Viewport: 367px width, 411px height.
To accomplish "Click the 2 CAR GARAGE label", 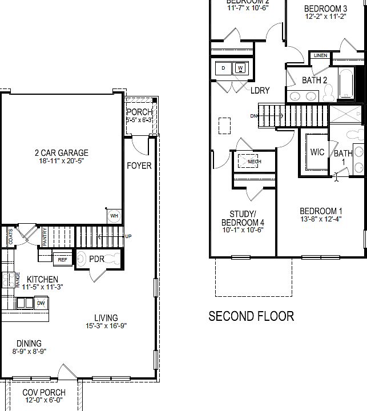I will coord(61,152).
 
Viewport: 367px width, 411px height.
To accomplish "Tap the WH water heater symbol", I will coord(114,216).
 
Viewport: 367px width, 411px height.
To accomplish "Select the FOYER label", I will coord(139,166).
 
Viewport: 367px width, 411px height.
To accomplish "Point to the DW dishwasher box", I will coord(41,303).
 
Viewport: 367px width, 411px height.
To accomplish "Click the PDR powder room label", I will coord(96,259).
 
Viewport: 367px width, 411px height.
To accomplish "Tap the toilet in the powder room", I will coord(83,259).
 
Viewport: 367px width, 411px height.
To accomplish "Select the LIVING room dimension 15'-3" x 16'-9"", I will coord(106,326).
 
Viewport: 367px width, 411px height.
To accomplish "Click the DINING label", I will coord(29,343).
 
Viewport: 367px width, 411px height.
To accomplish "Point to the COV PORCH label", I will coord(43,392).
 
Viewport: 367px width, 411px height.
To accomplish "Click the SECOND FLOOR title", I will coord(251,316).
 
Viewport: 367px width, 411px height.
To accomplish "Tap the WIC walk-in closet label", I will coord(317,152).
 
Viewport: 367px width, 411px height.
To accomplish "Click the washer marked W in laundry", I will coord(240,68).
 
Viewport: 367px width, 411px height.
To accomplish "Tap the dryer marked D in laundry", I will coord(223,68).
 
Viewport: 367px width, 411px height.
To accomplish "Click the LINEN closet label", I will coord(320,56).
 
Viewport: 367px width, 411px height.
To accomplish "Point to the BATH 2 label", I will coord(314,80).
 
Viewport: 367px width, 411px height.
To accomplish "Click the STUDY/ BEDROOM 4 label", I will coord(243,217).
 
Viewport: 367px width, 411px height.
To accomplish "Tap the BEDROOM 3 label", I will coord(325,9).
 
